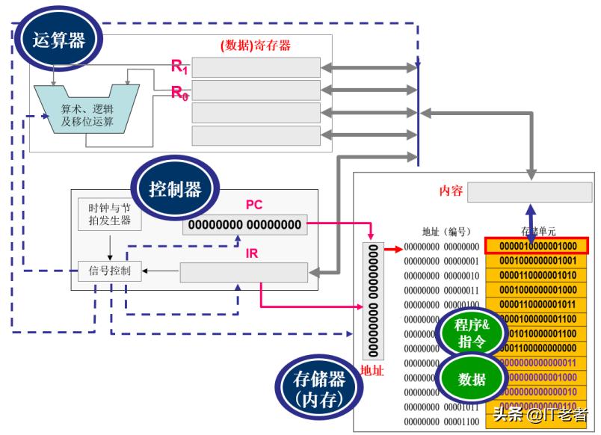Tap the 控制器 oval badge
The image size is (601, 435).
(175, 189)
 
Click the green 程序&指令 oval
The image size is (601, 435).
(473, 333)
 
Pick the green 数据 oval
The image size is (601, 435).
(472, 379)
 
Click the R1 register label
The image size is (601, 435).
(179, 67)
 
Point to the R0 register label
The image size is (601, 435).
(179, 93)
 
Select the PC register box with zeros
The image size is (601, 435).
(244, 224)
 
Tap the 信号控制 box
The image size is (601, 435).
(109, 271)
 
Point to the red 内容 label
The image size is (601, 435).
(451, 191)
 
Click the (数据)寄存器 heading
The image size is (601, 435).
(255, 46)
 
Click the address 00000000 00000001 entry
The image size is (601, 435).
(441, 261)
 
